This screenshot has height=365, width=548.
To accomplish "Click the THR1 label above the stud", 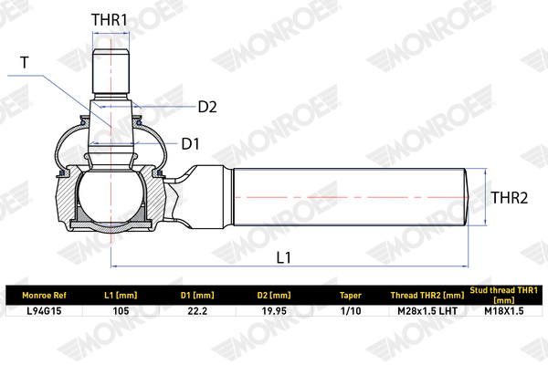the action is coord(110,19).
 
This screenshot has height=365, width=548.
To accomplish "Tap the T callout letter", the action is coord(25,63).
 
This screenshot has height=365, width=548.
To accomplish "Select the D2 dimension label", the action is coord(207,107).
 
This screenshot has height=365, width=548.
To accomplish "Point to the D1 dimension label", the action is coord(191,144).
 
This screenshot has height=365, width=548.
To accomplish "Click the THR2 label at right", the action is coord(510,198).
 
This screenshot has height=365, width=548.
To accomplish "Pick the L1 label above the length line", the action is coord(283,257).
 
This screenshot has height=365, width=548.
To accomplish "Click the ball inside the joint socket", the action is coord(111,197).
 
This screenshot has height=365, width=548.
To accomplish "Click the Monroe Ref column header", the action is coord(44,296).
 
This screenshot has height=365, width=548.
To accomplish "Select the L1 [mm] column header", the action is coord(121,296).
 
